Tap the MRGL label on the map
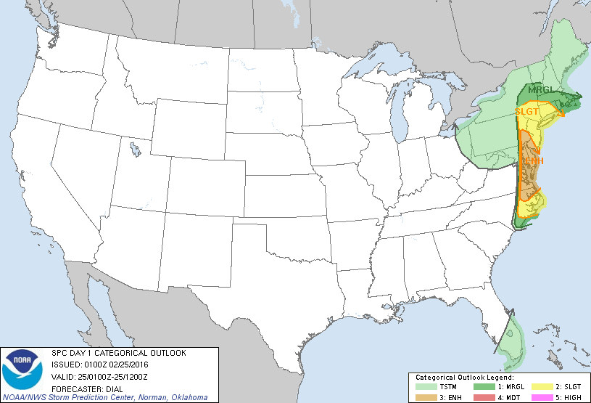coord(540,90)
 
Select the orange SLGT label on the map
coord(526,112)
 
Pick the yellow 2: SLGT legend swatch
coord(543,386)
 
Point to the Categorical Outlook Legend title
coord(464,378)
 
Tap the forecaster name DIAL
coord(107,387)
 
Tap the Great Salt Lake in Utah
coord(136,151)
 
